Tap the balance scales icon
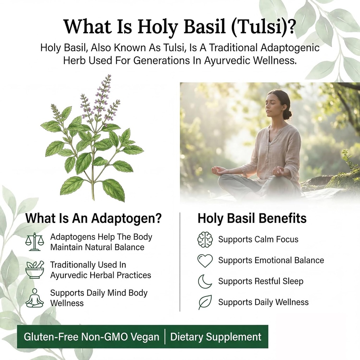pyautogui.click(x=34, y=242)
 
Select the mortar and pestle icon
pyautogui.click(x=35, y=270)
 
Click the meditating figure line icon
pyautogui.click(x=34, y=298)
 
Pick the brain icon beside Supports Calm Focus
pyautogui.click(x=205, y=239)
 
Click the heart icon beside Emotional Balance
pyautogui.click(x=205, y=261)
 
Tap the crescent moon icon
pyautogui.click(x=205, y=281)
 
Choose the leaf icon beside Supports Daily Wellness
pyautogui.click(x=205, y=302)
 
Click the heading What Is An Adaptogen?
pyautogui.click(x=94, y=218)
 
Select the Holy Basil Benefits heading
pyautogui.click(x=252, y=218)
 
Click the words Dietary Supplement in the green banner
pyautogui.click(x=216, y=337)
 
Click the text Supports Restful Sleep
pyautogui.click(x=261, y=281)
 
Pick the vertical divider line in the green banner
pyautogui.click(x=165, y=337)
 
